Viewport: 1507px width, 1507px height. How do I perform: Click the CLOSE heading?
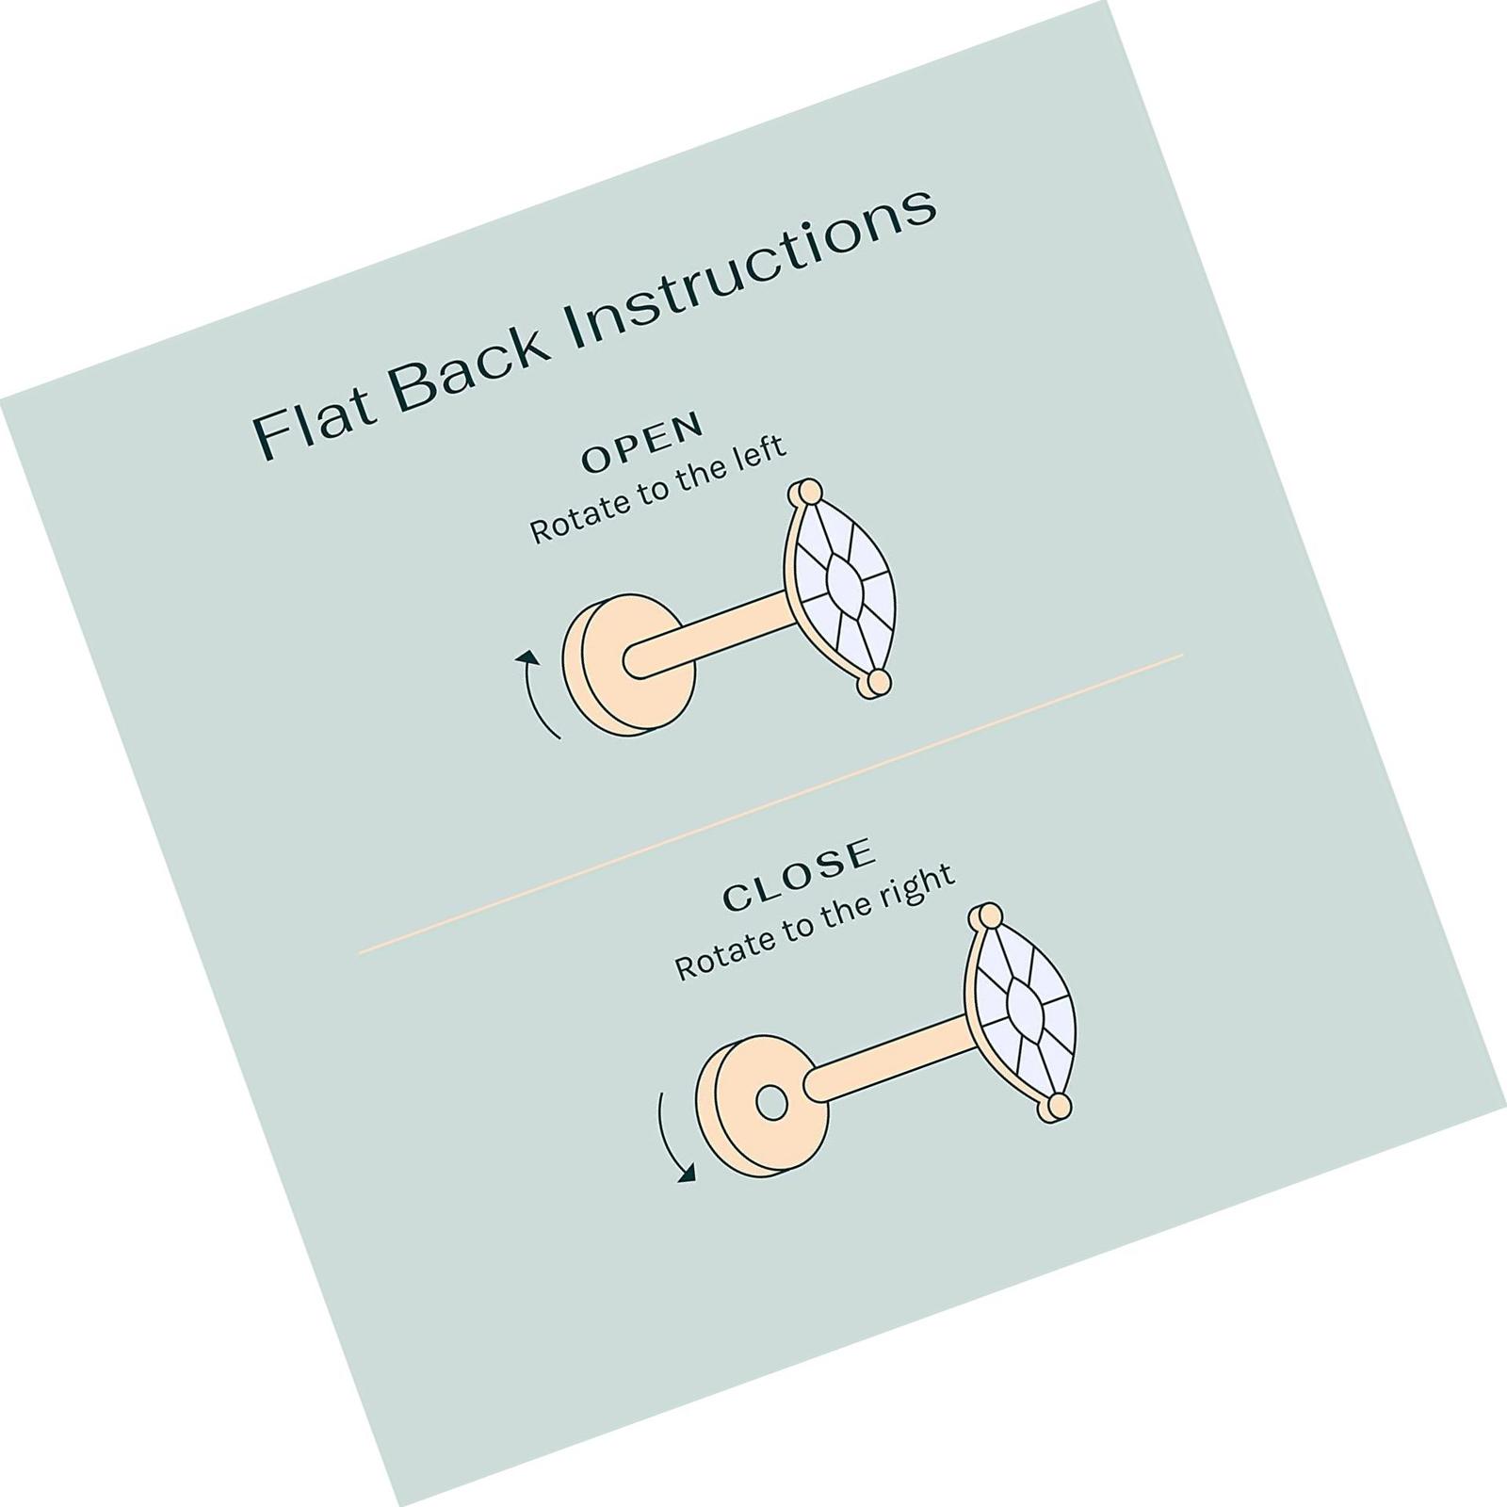click(799, 875)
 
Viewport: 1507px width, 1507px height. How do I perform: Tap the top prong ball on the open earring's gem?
click(807, 493)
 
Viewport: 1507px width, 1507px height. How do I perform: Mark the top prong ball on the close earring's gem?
click(986, 916)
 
